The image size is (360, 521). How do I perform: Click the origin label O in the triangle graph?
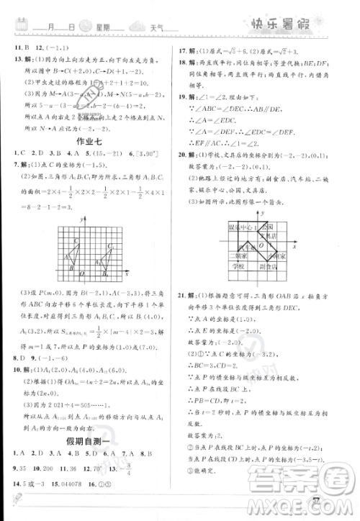click(x=81, y=274)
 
